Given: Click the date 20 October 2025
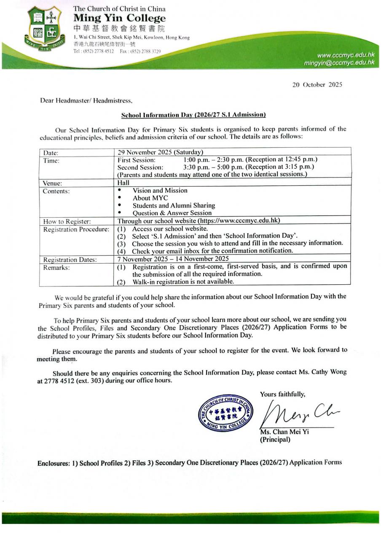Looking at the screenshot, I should pos(317,84).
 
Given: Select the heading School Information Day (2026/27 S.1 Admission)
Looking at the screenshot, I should pos(193,114).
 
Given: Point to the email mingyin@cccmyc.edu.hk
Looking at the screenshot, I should pos(339,63).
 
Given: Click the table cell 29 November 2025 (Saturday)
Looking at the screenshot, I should pos(160,152).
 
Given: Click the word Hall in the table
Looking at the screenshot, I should pos(123,183).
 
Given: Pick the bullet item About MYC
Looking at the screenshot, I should pos(150,198).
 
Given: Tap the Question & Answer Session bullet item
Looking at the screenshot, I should pos(172,213).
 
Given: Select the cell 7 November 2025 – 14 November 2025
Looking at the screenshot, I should pos(173,259).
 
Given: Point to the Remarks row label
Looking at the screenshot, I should pos(56,267).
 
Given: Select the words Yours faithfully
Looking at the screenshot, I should pos(282,394).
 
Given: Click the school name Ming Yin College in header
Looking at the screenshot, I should pos(120,19).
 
